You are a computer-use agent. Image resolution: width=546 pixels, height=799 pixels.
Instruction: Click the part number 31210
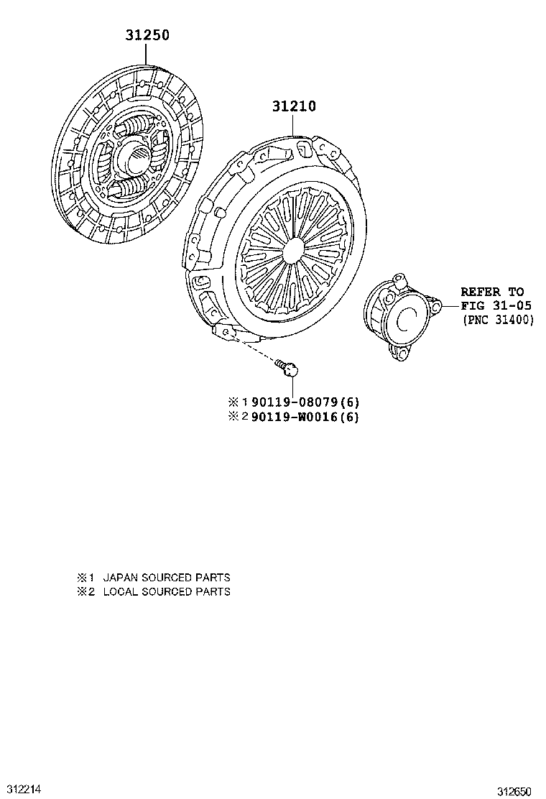(294, 106)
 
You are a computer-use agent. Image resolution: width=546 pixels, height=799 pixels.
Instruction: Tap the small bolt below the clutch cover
(288, 369)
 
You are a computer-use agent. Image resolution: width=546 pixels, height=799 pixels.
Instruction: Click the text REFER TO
(492, 292)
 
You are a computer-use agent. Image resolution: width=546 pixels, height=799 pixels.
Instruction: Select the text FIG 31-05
(496, 306)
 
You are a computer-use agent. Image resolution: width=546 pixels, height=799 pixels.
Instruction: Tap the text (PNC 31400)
(499, 320)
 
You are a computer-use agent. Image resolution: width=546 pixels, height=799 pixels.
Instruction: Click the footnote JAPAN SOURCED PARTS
(167, 577)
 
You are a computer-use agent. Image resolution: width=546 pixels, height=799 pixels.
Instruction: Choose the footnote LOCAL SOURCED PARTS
(167, 591)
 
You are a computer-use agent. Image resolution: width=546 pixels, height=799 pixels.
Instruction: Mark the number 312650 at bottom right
(516, 791)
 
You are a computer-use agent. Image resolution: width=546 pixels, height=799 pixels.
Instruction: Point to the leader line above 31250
(146, 53)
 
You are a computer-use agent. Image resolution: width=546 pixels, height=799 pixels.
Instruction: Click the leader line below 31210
(294, 126)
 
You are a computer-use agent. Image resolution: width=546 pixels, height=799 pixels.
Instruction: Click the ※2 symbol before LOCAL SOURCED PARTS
(86, 591)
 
